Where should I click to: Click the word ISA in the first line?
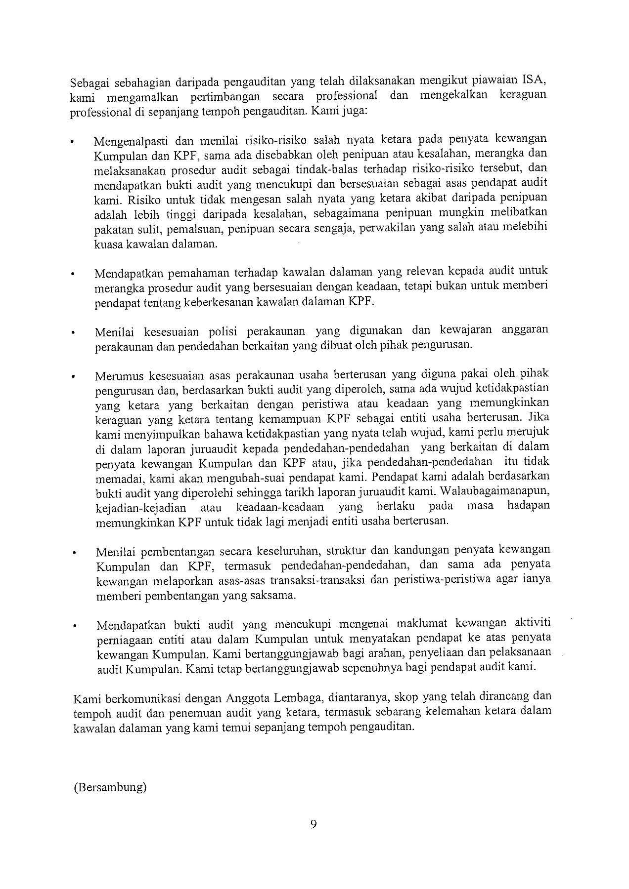click(x=533, y=81)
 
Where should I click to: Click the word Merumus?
click(x=117, y=376)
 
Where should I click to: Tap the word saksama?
click(x=273, y=595)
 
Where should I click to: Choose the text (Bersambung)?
click(x=110, y=787)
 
